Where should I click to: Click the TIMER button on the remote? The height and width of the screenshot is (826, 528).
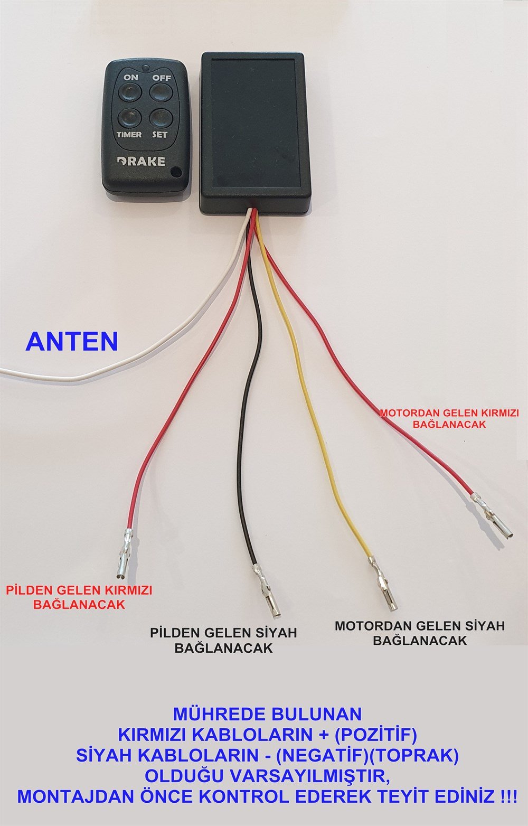point(128,116)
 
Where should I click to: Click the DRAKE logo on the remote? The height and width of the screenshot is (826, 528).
point(140,161)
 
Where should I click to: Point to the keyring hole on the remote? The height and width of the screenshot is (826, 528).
point(176,172)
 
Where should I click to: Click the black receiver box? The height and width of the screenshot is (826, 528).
point(252,132)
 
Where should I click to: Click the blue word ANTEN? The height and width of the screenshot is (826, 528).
point(72,342)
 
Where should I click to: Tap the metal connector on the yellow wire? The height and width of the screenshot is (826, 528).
point(383,584)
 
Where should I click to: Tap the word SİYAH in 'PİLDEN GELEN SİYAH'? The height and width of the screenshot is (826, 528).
point(276,633)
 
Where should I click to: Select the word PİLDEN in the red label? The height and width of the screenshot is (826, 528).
point(27,590)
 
